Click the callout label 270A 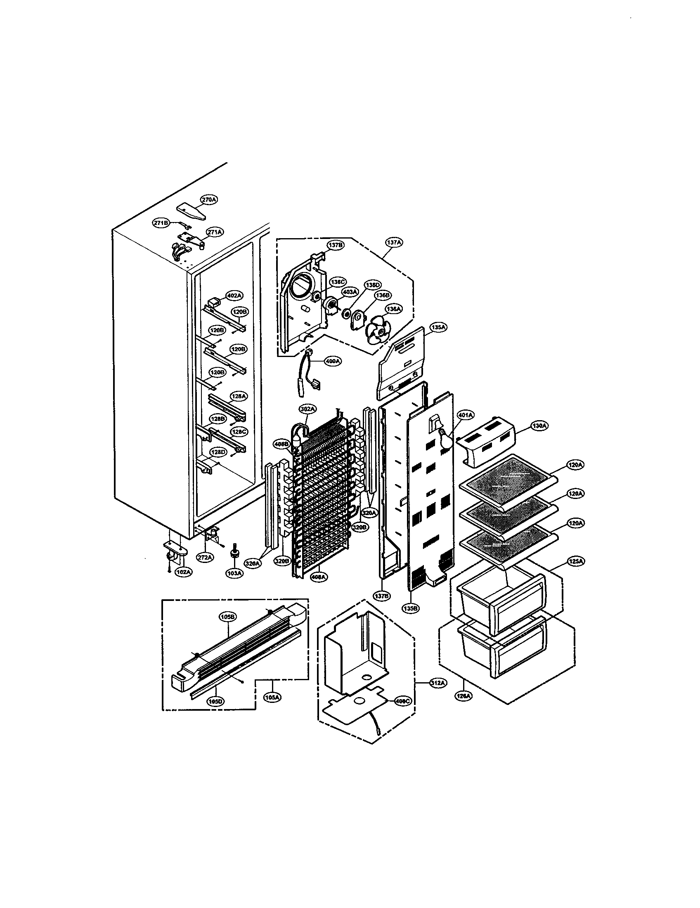[209, 200]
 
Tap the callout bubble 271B [161, 223]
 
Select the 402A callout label [234, 296]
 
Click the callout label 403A [350, 292]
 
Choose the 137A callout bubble [394, 242]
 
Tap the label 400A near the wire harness [333, 361]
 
